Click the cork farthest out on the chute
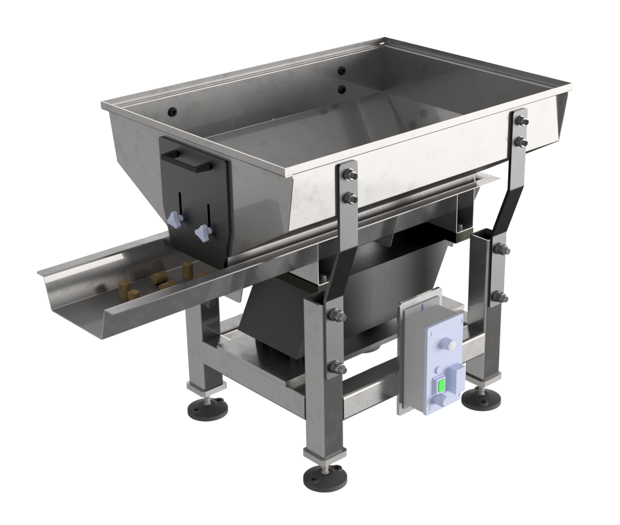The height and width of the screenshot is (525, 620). point(123,291)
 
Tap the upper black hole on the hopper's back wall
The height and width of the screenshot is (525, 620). point(342,70)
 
